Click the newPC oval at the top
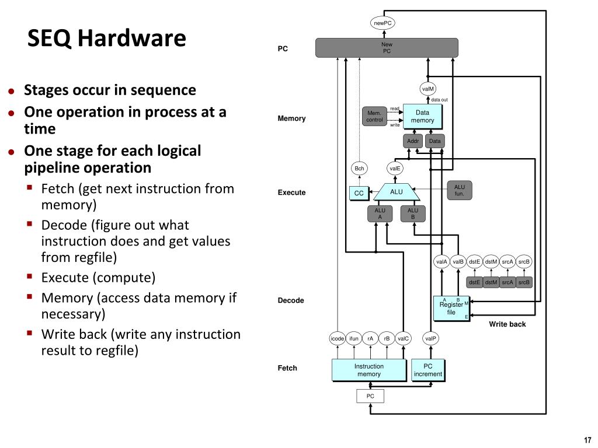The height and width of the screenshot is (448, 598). [383, 23]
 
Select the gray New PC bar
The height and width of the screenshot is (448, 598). [387, 48]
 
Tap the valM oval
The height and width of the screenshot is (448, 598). [427, 89]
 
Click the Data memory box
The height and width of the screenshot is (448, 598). [422, 116]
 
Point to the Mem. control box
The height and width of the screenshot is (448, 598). [374, 116]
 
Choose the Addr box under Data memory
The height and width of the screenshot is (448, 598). [413, 141]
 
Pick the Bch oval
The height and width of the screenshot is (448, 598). [360, 169]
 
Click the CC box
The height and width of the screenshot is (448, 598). [359, 193]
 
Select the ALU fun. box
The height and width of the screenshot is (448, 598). [459, 190]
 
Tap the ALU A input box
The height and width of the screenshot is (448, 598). [380, 213]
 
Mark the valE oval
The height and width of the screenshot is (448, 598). [395, 169]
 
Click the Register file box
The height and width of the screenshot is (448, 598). [451, 308]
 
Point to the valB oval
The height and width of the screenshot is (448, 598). [458, 262]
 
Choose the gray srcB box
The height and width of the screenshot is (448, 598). [524, 283]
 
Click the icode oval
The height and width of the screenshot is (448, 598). [337, 338]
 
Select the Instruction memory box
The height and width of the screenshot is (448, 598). [369, 370]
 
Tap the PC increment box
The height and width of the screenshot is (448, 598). [427, 370]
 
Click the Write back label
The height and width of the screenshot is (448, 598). [507, 324]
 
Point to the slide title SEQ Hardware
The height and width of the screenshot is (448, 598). [107, 39]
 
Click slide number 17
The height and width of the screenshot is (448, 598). [587, 439]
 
